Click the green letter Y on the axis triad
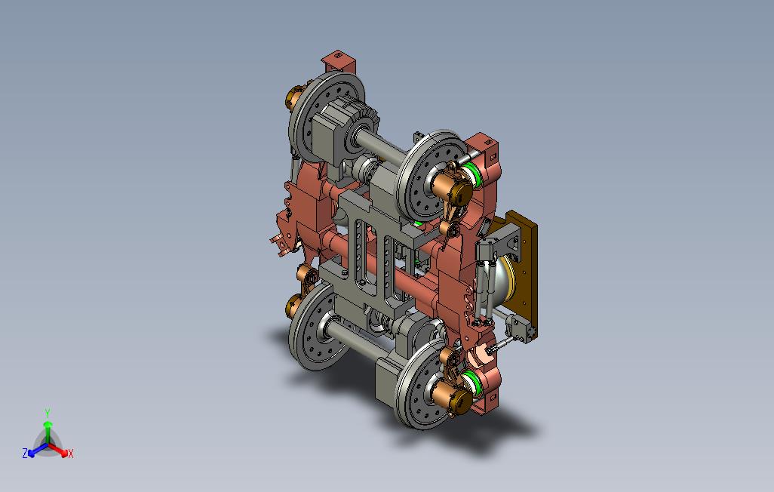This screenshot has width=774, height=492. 48,413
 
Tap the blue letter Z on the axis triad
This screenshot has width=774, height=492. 25,453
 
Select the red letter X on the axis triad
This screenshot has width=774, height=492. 71,453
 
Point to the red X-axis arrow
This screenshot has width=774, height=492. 57,449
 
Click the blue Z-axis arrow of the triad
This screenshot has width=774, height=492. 38,450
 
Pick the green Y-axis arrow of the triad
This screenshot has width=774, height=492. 48,433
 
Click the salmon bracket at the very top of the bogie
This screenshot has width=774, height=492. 339,62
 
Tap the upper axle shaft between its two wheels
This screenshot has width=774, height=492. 384,146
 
